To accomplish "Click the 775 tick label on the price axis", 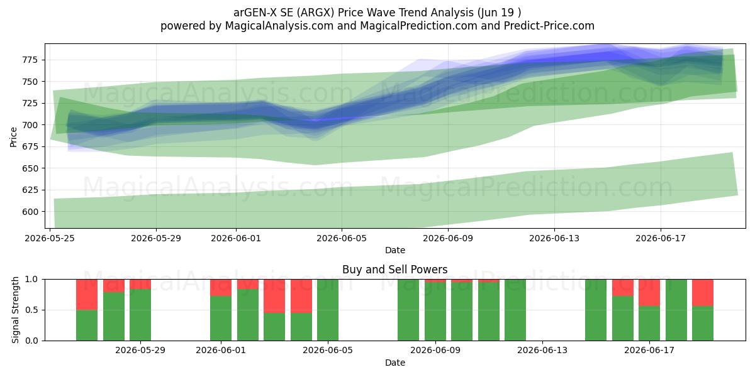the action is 30,60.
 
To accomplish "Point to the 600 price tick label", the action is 30,212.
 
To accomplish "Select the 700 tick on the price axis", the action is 30,125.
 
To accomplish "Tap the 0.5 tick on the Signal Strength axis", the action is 31,310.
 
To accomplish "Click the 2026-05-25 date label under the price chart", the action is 50,238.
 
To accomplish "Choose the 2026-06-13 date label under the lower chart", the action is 542,351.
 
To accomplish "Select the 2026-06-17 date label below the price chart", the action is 661,238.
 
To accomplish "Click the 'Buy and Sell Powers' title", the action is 395,270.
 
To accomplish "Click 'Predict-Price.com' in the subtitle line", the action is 549,26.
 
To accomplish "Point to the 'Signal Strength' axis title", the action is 15,310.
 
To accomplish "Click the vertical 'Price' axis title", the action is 13,137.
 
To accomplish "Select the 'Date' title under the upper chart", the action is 395,250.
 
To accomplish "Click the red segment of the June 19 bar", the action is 703,293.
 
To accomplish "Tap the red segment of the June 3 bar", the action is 274,296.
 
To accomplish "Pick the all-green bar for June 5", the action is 328,310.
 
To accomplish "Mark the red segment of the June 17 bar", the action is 649,293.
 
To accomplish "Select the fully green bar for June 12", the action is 515,310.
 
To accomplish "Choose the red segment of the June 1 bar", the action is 221,288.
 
